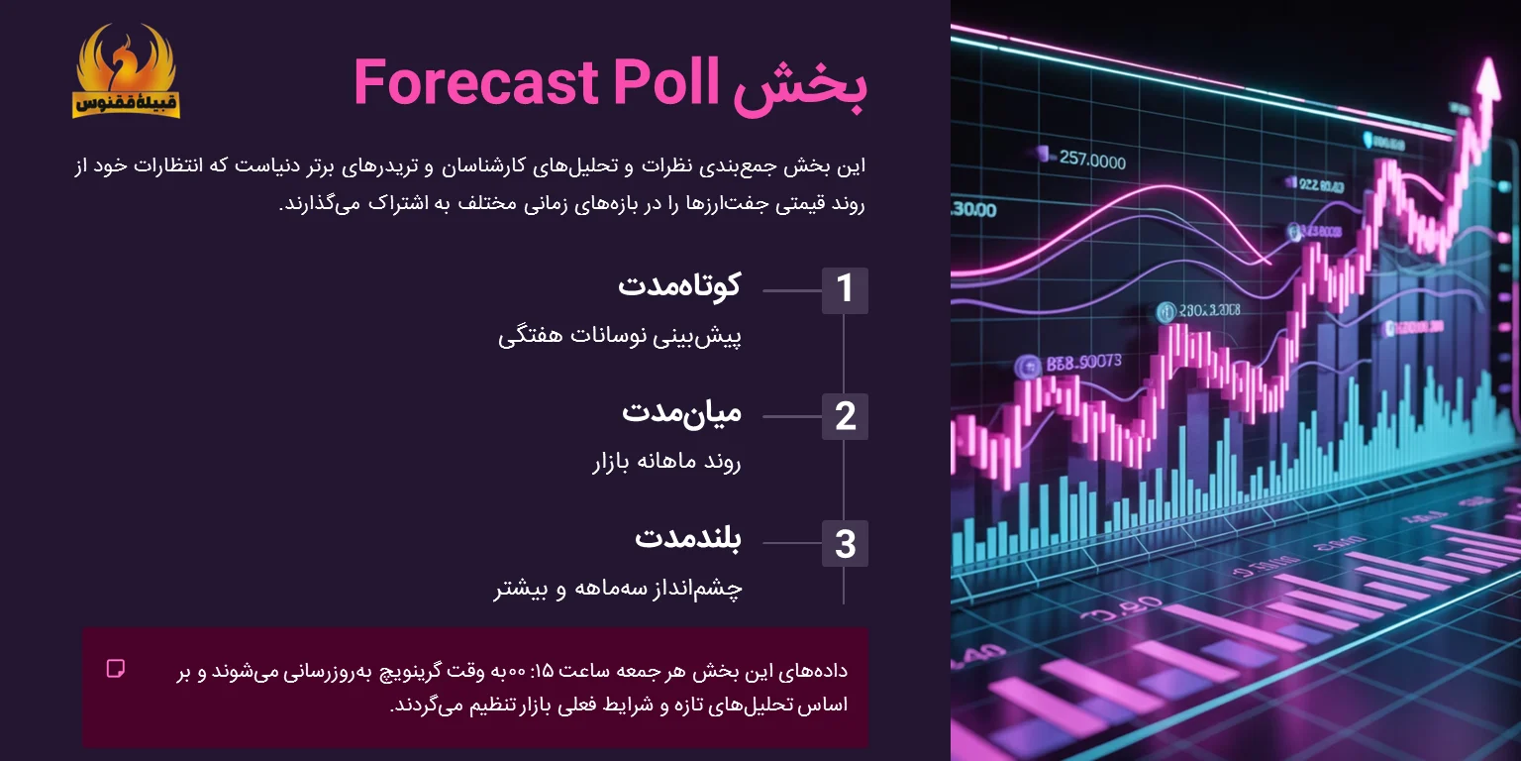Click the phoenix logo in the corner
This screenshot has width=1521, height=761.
(x=126, y=71)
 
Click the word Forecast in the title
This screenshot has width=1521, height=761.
(x=477, y=83)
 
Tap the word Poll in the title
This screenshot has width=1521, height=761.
(x=664, y=83)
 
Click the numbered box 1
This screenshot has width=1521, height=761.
(x=845, y=290)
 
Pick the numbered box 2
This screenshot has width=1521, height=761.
(x=845, y=416)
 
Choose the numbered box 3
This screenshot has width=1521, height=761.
(x=845, y=543)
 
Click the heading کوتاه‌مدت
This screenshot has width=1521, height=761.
(x=679, y=285)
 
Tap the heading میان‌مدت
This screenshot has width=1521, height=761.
(x=681, y=412)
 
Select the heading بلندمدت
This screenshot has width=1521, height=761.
(x=688, y=539)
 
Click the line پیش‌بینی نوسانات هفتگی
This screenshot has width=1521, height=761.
(x=620, y=336)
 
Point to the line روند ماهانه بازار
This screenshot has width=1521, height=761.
(x=666, y=463)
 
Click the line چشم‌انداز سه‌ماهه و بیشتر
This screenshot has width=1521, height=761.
(x=619, y=590)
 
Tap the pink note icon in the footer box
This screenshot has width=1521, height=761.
(x=116, y=668)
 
